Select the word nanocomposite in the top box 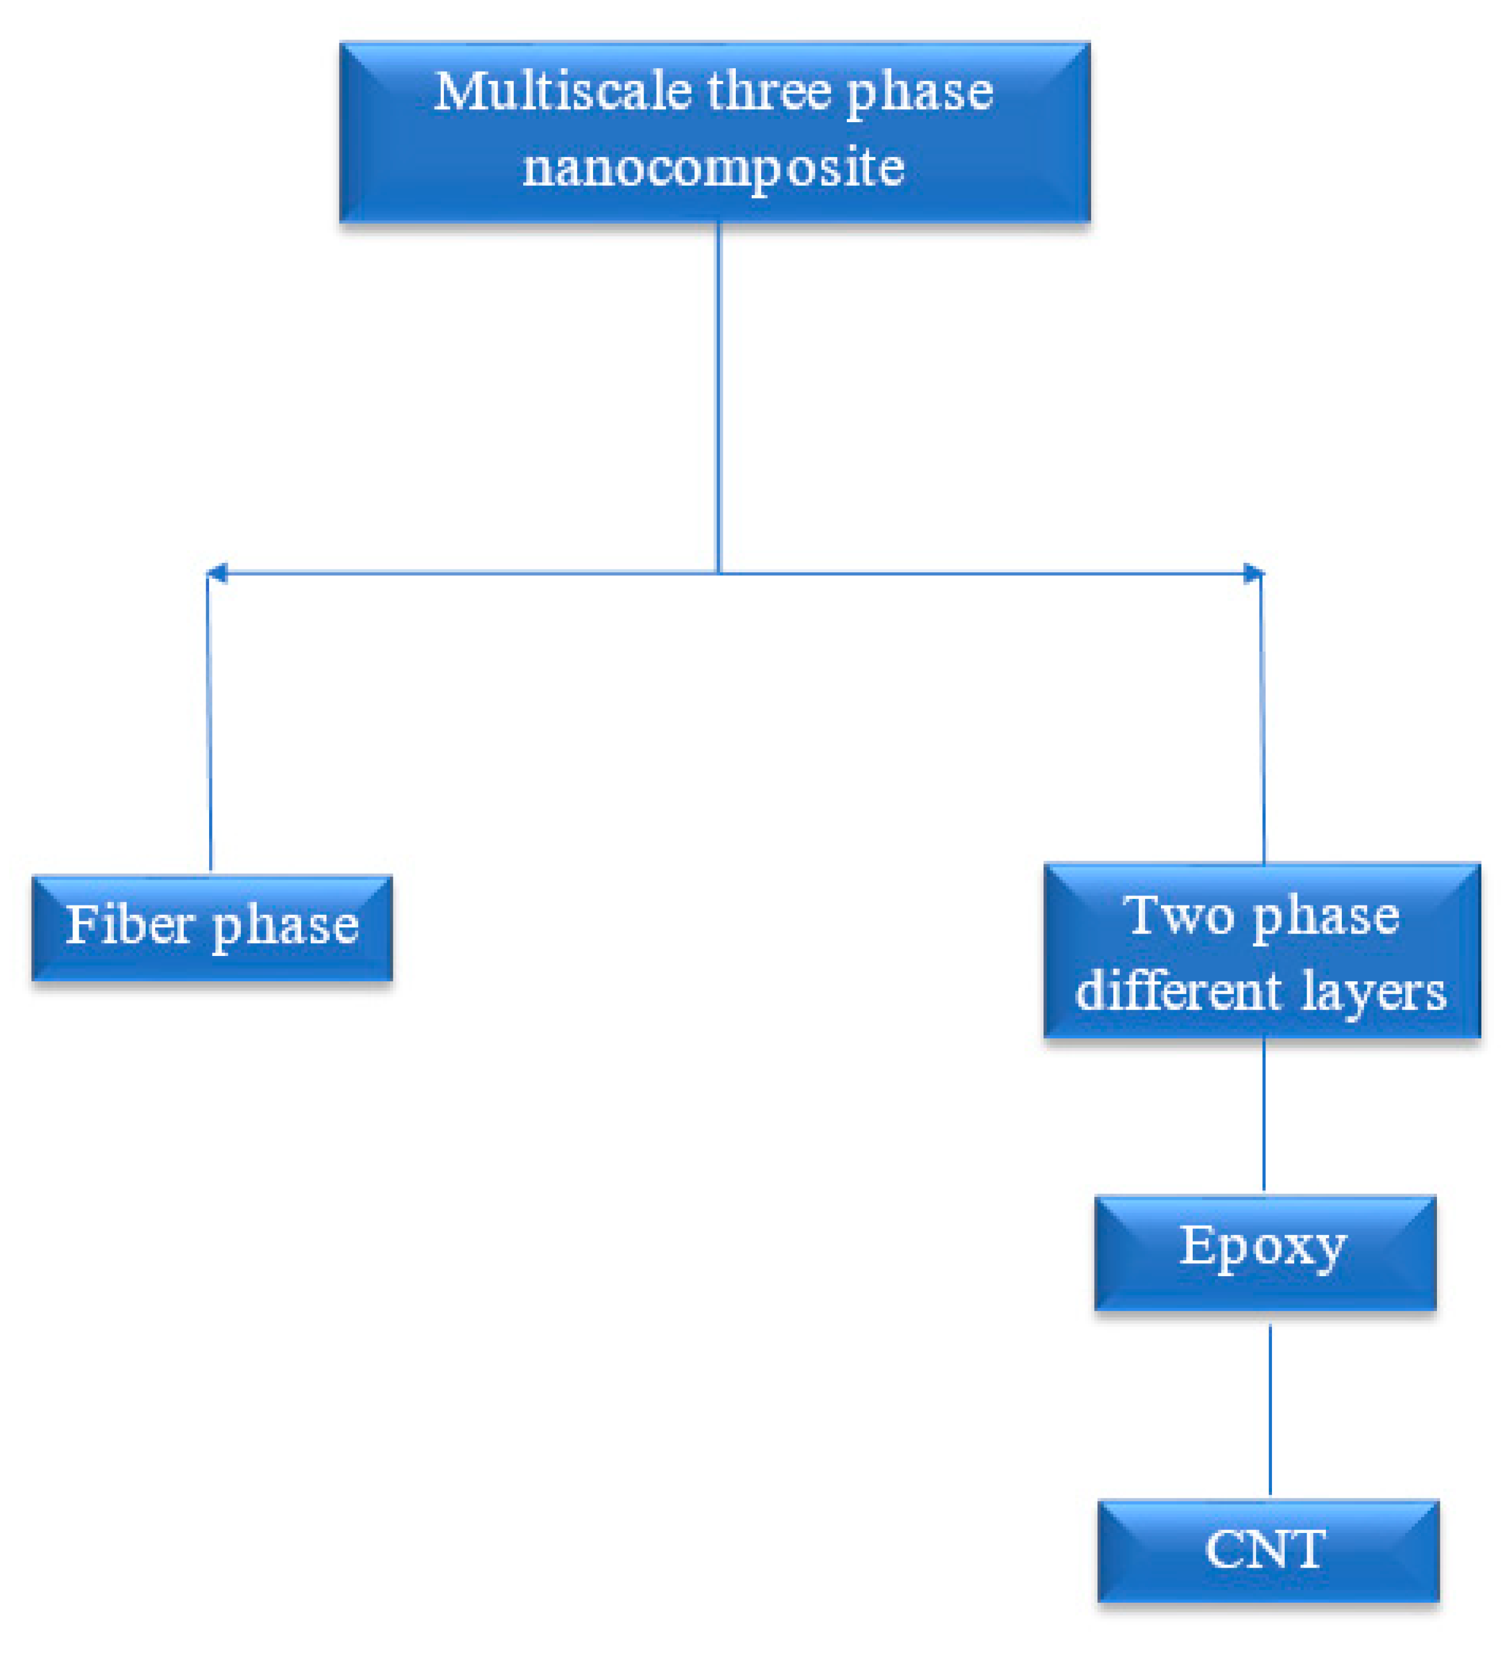point(713,167)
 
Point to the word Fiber point(130,925)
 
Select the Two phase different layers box point(1262,952)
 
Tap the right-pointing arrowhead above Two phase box point(1254,573)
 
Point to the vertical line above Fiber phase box point(209,722)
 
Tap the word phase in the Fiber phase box point(285,927)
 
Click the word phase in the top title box point(919,93)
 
